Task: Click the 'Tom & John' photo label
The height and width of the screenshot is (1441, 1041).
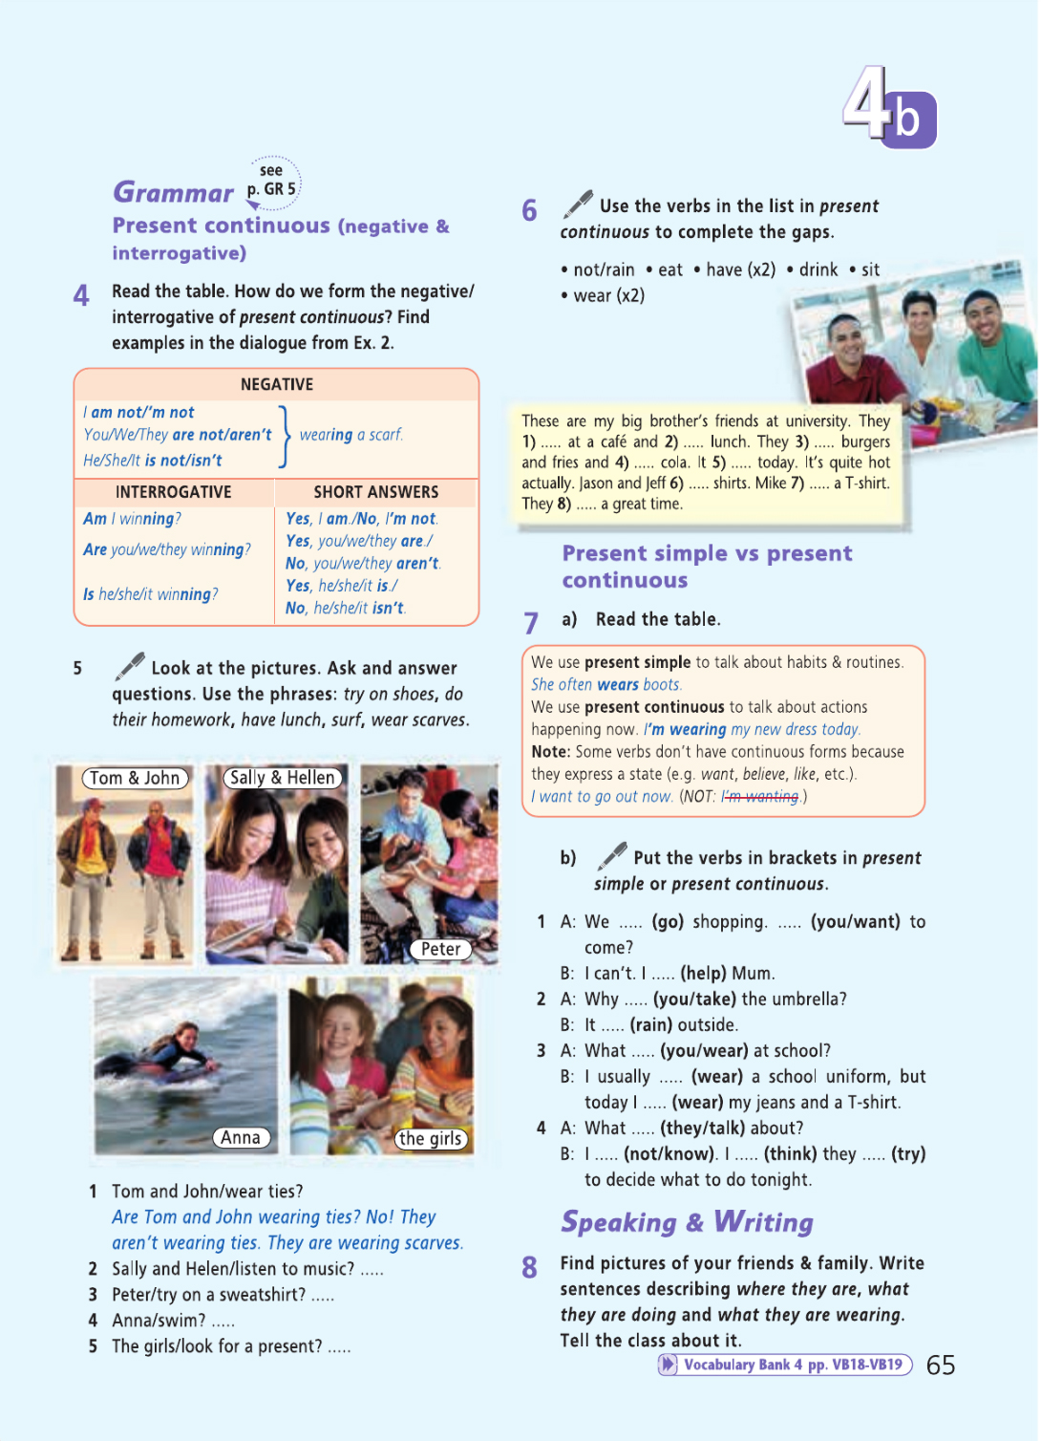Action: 135,778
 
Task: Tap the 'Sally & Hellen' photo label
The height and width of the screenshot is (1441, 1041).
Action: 283,778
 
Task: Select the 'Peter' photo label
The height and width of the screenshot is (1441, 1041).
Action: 440,949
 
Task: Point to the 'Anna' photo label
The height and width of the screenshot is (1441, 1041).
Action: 241,1137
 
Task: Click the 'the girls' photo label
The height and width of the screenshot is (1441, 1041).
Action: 431,1138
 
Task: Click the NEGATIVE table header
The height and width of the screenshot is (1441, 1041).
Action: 276,384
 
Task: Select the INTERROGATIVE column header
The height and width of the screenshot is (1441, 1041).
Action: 173,492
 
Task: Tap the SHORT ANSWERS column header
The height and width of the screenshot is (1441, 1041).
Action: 376,492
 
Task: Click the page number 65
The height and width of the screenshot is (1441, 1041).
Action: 941,1366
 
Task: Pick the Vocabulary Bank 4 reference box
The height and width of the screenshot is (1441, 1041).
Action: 785,1365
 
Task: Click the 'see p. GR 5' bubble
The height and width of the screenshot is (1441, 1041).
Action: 272,181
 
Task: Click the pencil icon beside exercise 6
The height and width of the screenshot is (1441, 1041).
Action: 578,204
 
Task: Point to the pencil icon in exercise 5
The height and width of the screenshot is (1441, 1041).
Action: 130,665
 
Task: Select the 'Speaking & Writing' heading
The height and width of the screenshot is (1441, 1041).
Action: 687,1222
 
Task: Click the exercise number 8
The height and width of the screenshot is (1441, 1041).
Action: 530,1267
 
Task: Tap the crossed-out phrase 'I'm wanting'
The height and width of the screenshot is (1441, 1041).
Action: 760,796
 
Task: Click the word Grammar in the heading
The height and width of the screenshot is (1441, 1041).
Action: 173,193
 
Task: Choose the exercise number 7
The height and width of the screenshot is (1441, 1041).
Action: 531,623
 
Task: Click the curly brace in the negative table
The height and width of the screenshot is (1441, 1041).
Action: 284,436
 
